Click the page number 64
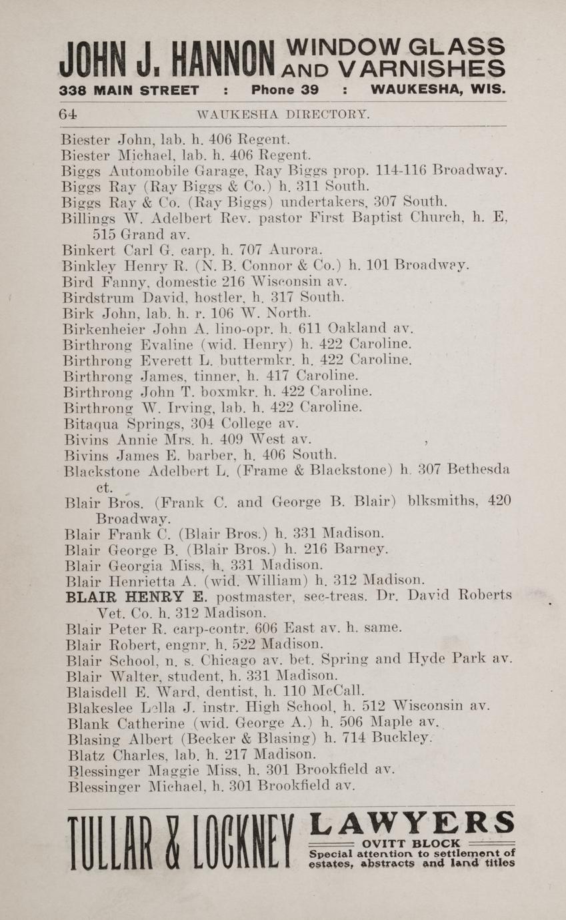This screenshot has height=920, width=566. tap(68, 114)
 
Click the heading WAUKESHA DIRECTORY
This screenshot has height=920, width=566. tap(283, 115)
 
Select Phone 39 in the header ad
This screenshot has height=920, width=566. tap(285, 90)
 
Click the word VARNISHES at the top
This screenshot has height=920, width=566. tap(421, 69)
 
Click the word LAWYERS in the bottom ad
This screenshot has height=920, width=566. tap(413, 823)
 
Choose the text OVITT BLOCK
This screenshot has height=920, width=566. tap(411, 843)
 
